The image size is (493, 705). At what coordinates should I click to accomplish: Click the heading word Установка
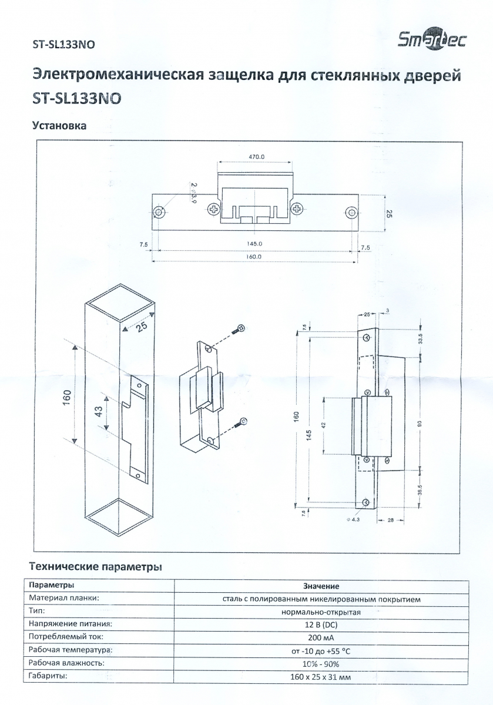click(59, 126)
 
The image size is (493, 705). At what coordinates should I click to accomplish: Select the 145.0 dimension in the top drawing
click(254, 244)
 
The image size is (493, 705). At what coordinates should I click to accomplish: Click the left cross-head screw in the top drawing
click(214, 209)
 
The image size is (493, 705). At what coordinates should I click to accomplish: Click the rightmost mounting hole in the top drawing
click(351, 212)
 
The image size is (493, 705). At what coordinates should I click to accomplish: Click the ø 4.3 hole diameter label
click(353, 519)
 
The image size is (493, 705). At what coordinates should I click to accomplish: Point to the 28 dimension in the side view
click(390, 521)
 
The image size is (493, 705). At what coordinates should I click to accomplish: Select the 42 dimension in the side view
click(324, 425)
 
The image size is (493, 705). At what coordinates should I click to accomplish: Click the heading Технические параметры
click(96, 567)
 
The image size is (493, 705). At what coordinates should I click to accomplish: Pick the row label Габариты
click(48, 676)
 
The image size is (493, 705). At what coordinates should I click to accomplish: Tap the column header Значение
click(321, 586)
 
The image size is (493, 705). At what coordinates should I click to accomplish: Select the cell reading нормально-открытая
click(321, 612)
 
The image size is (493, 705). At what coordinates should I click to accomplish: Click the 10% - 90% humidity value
click(321, 664)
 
